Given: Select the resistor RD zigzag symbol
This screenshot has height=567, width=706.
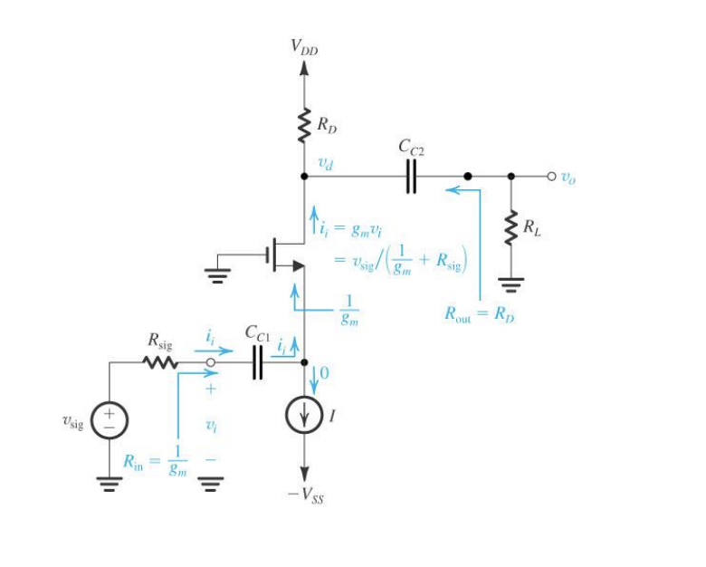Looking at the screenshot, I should [304, 127].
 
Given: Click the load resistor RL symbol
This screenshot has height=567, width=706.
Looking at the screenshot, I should [511, 228].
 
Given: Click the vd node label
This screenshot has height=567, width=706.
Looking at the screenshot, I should [324, 164].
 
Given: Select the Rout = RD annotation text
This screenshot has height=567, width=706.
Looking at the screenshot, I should [478, 314].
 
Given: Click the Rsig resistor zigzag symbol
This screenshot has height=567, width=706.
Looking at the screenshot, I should [162, 363].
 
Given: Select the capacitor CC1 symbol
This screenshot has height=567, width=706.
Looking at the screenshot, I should [256, 363].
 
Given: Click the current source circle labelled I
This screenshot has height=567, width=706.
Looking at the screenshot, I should [304, 416].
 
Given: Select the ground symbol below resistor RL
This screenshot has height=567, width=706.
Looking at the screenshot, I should [511, 288].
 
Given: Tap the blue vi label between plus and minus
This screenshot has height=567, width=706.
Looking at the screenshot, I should [210, 423].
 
